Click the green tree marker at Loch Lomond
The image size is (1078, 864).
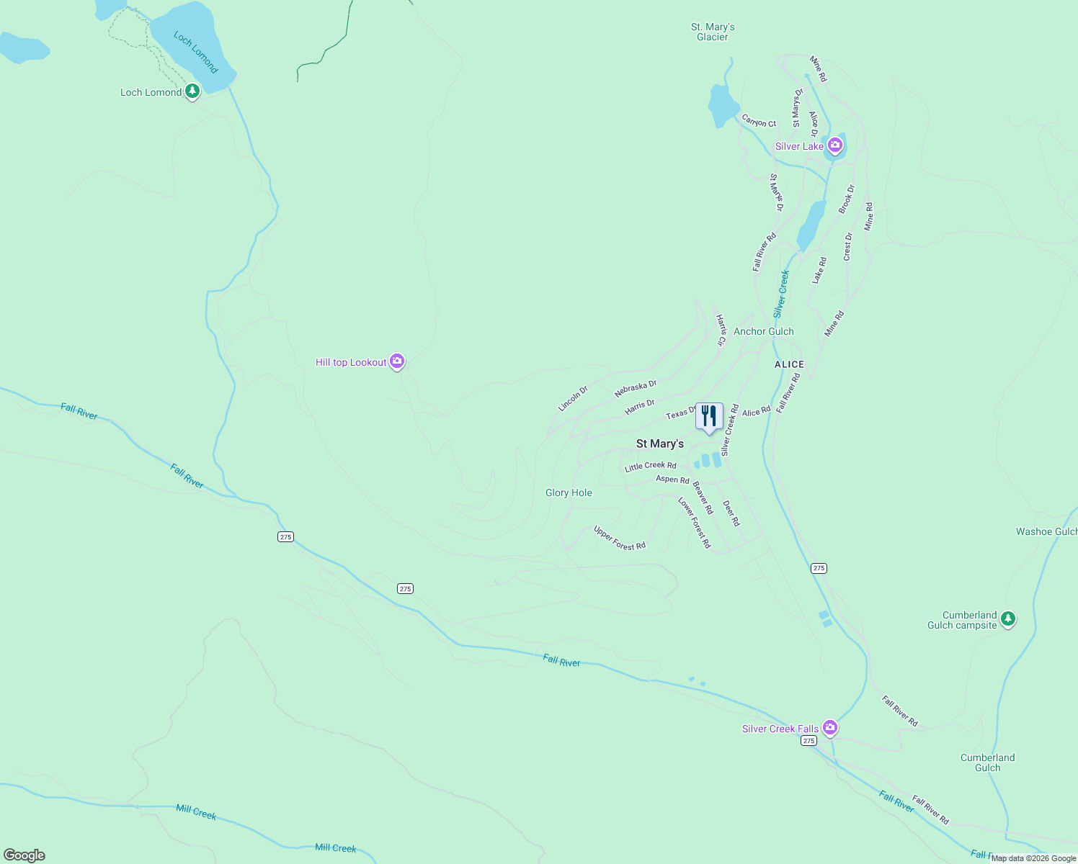coord(192,91)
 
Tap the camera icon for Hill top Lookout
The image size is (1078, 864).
coord(396,361)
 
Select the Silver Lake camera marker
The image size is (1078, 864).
coord(835,146)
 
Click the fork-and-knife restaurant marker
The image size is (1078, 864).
coord(709,417)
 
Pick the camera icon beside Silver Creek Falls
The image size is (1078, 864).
coord(830,728)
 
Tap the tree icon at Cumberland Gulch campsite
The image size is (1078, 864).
coord(1008,618)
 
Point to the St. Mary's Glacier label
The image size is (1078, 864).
coord(713,32)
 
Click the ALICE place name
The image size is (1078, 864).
coord(789,364)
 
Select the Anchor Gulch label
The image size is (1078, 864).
coord(763,331)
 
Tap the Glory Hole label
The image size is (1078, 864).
coord(569,492)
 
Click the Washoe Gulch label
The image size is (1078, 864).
coord(1046,531)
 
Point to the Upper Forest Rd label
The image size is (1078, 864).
coord(619,538)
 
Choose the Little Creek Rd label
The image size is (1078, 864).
coord(651,467)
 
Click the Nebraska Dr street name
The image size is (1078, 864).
coord(636,389)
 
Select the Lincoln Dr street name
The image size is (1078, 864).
coord(573,398)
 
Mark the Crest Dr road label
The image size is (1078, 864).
coord(848,246)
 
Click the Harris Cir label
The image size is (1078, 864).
coord(721,330)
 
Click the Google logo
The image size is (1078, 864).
coord(24,855)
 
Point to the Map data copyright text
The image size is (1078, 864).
coord(1033,858)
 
